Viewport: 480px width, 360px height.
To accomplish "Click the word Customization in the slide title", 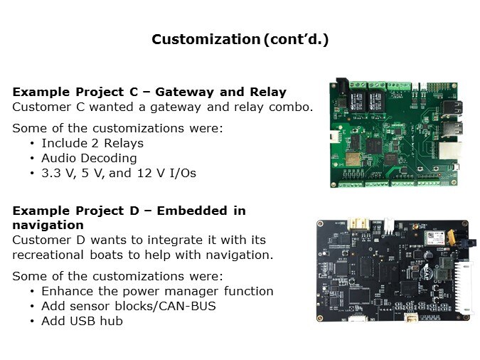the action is tap(206, 40).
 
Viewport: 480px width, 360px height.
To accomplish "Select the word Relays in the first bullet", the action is tap(124, 143).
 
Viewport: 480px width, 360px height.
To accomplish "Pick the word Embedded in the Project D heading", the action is tap(192, 211).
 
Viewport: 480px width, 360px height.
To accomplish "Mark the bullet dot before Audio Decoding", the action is tap(32, 159).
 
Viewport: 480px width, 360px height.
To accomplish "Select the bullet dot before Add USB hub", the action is tap(32, 322).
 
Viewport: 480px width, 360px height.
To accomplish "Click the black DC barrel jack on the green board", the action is tap(342, 87).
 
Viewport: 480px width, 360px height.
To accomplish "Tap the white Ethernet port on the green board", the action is tap(450, 152).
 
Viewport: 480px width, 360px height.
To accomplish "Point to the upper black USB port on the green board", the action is tap(452, 109).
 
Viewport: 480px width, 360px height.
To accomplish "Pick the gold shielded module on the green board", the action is tap(353, 159).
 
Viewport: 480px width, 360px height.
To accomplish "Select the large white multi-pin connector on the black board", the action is tap(463, 287).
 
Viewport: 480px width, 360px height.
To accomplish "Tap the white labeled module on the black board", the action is tap(434, 238).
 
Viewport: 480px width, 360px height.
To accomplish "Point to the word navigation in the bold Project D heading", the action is tap(48, 226).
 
